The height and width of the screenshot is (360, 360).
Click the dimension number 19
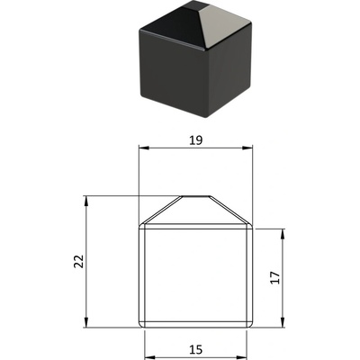(x=196, y=140)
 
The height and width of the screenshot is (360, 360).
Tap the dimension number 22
(x=78, y=261)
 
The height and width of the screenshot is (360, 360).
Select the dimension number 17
(x=274, y=278)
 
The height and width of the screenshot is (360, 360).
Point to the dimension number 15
(x=195, y=349)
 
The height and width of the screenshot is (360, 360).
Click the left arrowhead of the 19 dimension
(x=144, y=148)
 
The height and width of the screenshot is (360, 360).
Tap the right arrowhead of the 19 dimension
(x=247, y=148)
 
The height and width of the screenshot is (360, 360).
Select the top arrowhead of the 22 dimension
(x=86, y=202)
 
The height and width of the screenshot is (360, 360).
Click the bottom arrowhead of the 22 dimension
(x=86, y=322)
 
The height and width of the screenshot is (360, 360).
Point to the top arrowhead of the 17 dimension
(x=283, y=234)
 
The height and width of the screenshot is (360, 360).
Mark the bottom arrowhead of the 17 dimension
(x=283, y=322)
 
